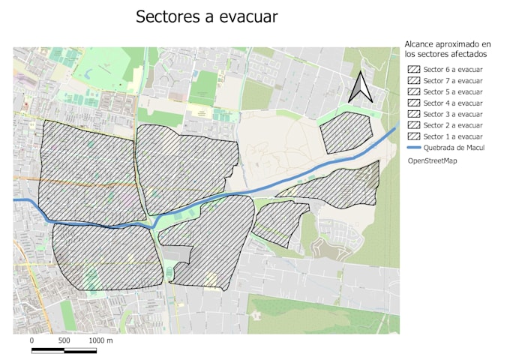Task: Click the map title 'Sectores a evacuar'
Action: pyautogui.click(x=206, y=17)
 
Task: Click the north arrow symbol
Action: pyautogui.click(x=361, y=86)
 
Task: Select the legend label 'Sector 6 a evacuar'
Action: pyautogui.click(x=452, y=69)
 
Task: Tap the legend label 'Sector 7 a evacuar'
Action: pyautogui.click(x=452, y=80)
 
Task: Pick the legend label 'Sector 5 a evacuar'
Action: pyautogui.click(x=452, y=91)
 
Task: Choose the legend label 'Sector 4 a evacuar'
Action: pyautogui.click(x=452, y=103)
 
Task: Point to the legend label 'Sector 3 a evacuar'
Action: pyautogui.click(x=452, y=114)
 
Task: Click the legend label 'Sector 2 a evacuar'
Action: pyautogui.click(x=452, y=125)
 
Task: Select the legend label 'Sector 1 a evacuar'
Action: pyautogui.click(x=452, y=136)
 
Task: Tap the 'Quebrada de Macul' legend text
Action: pyautogui.click(x=453, y=148)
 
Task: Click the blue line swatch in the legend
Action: pyautogui.click(x=412, y=148)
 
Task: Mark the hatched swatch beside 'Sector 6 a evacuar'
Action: pyautogui.click(x=412, y=69)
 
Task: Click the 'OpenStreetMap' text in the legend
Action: pyautogui.click(x=433, y=160)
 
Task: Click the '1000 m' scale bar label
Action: pyautogui.click(x=101, y=340)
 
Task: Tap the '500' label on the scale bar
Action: pyautogui.click(x=64, y=340)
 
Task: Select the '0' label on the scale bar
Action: pyautogui.click(x=32, y=340)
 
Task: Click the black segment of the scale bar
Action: pyautogui.click(x=48, y=349)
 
